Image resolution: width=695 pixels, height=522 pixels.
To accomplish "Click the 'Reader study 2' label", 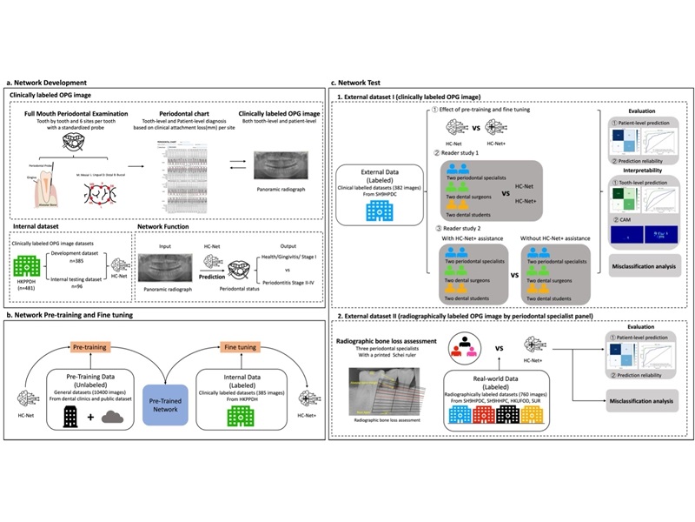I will pos(469,228).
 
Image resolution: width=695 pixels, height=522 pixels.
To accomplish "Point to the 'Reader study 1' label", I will pos(469,153).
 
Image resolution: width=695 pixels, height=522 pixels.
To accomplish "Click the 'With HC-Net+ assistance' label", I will pos(468,238).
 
